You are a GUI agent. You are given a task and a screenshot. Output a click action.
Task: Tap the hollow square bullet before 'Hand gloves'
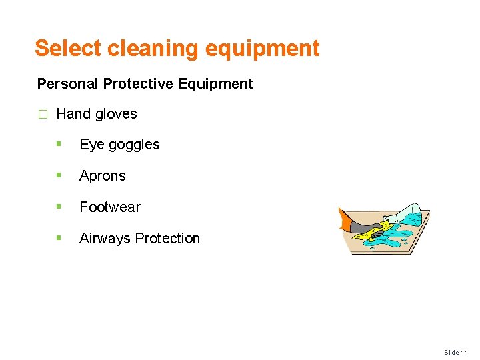[x=43, y=115]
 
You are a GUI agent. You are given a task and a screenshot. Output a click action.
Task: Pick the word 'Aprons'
[x=102, y=176]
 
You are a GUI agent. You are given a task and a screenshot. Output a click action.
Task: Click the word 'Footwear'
[x=110, y=207]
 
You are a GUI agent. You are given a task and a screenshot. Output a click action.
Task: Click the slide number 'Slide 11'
[x=457, y=352]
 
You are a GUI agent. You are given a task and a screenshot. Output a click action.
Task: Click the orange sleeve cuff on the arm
[x=345, y=220]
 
